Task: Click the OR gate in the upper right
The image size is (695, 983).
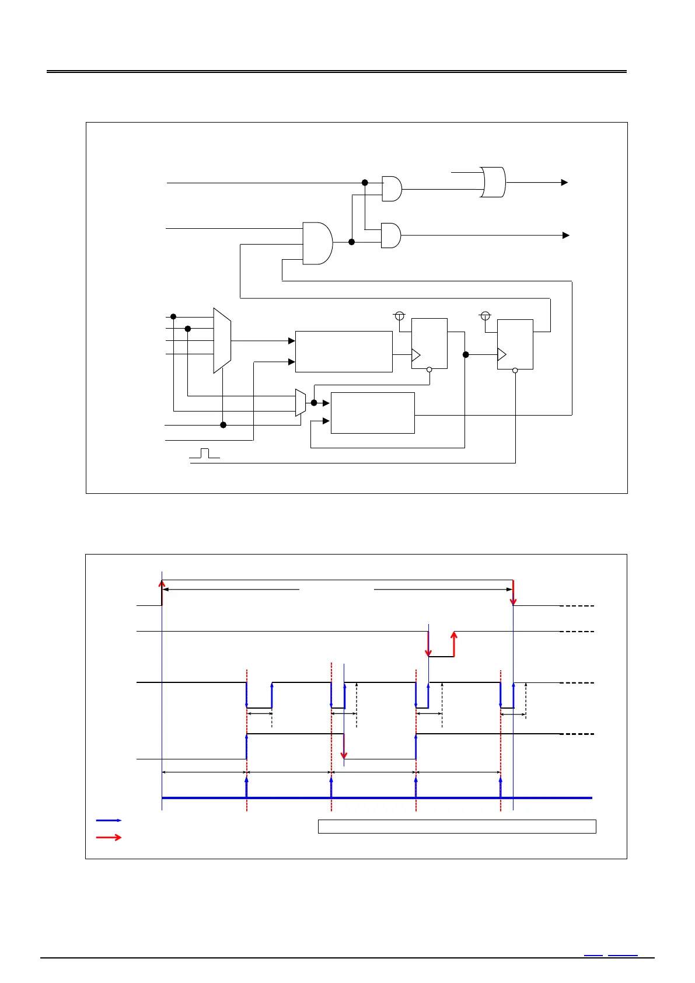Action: pyautogui.click(x=494, y=182)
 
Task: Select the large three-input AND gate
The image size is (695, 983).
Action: pyautogui.click(x=317, y=243)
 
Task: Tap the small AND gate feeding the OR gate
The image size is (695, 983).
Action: pyautogui.click(x=392, y=189)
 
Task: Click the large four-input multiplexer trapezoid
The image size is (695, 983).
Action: pyautogui.click(x=222, y=340)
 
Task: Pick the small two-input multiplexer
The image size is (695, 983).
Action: pyautogui.click(x=301, y=403)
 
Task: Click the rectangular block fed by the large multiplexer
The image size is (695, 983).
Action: pyautogui.click(x=344, y=351)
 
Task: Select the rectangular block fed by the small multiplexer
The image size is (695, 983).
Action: pyautogui.click(x=372, y=413)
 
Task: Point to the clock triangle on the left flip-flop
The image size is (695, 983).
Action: pyautogui.click(x=416, y=354)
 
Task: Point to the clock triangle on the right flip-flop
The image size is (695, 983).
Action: pyautogui.click(x=502, y=354)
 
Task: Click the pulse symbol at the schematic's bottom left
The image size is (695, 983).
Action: pyautogui.click(x=204, y=453)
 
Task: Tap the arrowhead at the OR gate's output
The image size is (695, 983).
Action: pyautogui.click(x=564, y=183)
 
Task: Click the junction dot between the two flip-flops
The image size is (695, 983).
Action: pyautogui.click(x=466, y=354)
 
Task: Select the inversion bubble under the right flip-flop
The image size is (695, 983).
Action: pyautogui.click(x=515, y=370)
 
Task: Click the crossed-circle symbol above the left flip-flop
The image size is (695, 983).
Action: pyautogui.click(x=400, y=316)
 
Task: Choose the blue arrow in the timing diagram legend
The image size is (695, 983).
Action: pyautogui.click(x=109, y=820)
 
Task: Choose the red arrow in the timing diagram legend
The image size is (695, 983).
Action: pyautogui.click(x=109, y=837)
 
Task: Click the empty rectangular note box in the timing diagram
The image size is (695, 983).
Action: pyautogui.click(x=457, y=826)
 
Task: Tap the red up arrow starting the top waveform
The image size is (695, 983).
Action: pyautogui.click(x=162, y=591)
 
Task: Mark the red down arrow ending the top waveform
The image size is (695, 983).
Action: pyautogui.click(x=514, y=592)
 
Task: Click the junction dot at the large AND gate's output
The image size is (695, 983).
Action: pyautogui.click(x=351, y=242)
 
